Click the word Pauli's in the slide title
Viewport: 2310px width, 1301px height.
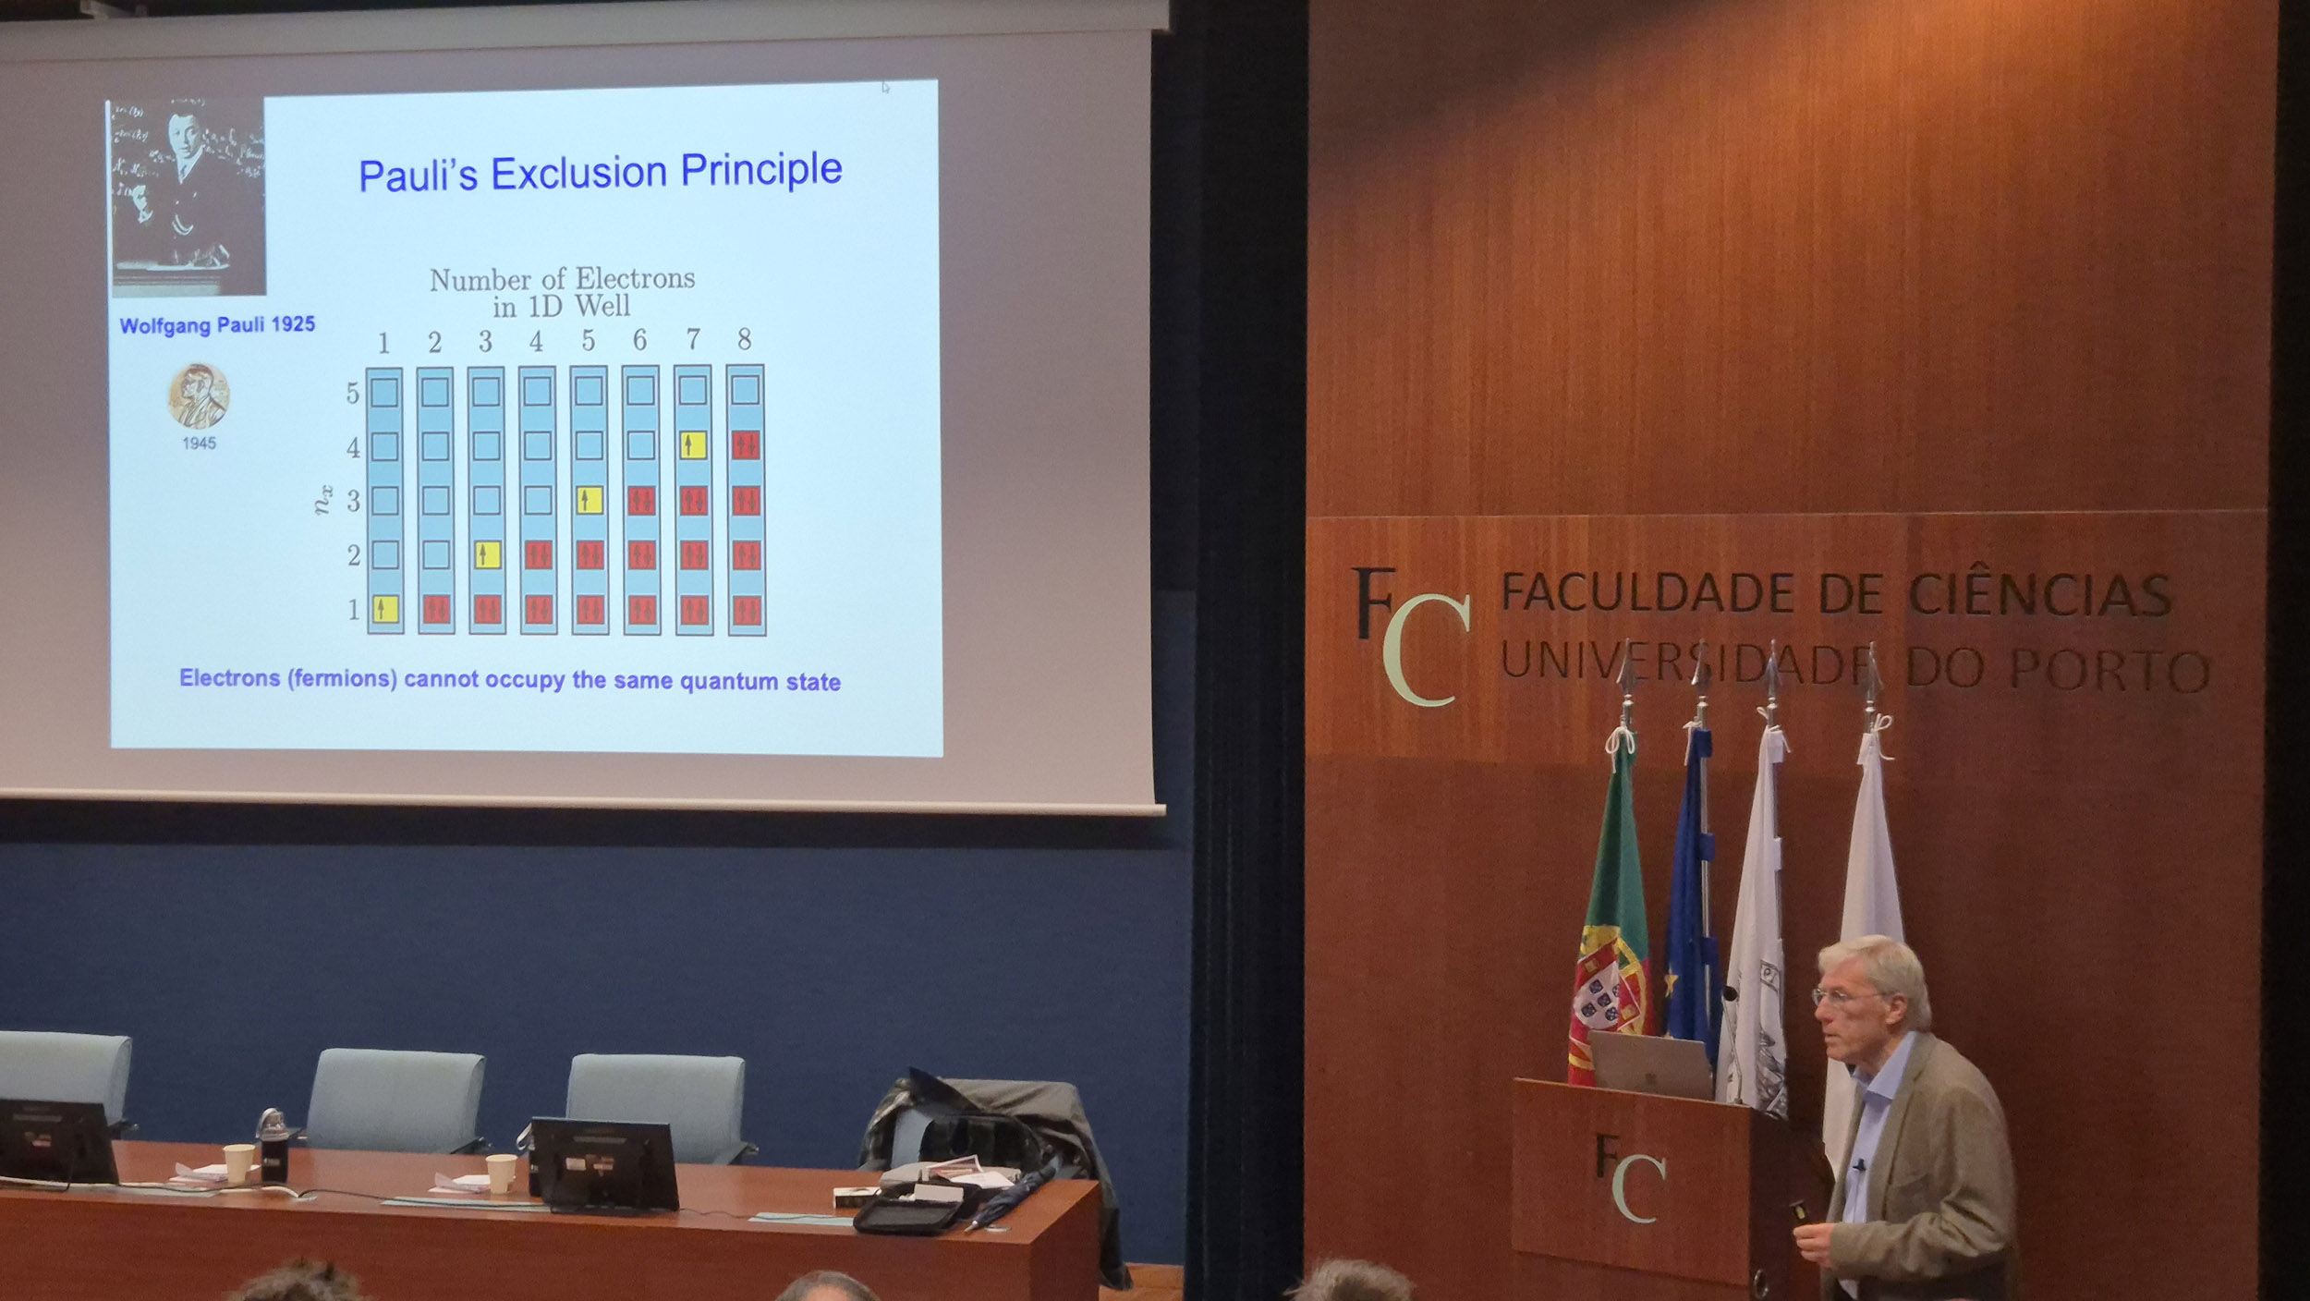(x=418, y=175)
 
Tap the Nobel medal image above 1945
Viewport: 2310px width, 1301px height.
(x=198, y=395)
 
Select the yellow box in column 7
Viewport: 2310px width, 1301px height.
(x=693, y=445)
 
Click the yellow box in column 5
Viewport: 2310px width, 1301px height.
(x=589, y=500)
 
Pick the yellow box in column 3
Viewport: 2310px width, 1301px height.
(x=486, y=554)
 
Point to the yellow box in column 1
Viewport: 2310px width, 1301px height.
(x=384, y=609)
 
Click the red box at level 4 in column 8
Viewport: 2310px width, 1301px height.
(x=745, y=445)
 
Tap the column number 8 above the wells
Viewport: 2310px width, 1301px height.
(x=744, y=339)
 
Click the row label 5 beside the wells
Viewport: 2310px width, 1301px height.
(x=352, y=394)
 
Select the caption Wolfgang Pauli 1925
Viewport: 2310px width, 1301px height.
(x=217, y=325)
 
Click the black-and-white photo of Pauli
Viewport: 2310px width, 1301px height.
(x=188, y=199)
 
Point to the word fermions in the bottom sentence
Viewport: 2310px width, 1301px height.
(x=341, y=678)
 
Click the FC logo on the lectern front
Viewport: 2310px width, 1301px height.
(x=1631, y=1176)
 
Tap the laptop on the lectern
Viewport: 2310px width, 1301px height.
(x=1650, y=1065)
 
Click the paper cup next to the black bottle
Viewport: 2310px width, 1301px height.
(x=238, y=1163)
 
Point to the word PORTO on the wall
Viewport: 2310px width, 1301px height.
(x=2110, y=669)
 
